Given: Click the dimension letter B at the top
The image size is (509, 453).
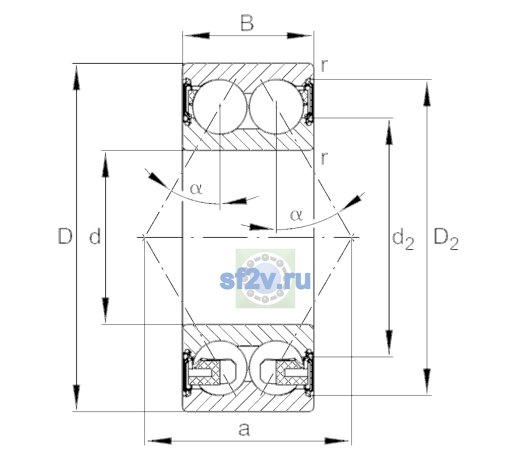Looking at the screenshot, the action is (x=247, y=23).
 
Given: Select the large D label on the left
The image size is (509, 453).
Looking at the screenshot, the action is (x=65, y=236).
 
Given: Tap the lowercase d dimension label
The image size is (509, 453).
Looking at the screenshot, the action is (x=95, y=236).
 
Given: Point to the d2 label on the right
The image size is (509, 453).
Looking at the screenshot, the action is (x=403, y=239).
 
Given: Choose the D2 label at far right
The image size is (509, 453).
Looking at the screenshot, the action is (x=446, y=239).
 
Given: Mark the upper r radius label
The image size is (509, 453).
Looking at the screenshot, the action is (x=324, y=65).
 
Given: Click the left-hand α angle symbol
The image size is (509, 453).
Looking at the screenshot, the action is (x=196, y=189).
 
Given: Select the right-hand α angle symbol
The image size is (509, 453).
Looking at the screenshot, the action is (x=297, y=215).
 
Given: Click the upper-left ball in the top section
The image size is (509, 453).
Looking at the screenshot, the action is (x=220, y=107).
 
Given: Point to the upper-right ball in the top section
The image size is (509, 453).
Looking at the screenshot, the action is (x=276, y=107).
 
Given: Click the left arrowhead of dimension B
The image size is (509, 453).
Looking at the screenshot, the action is (x=196, y=36).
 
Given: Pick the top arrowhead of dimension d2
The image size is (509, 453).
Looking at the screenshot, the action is (x=389, y=133).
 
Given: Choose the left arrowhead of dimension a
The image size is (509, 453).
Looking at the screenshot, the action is (x=159, y=441).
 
